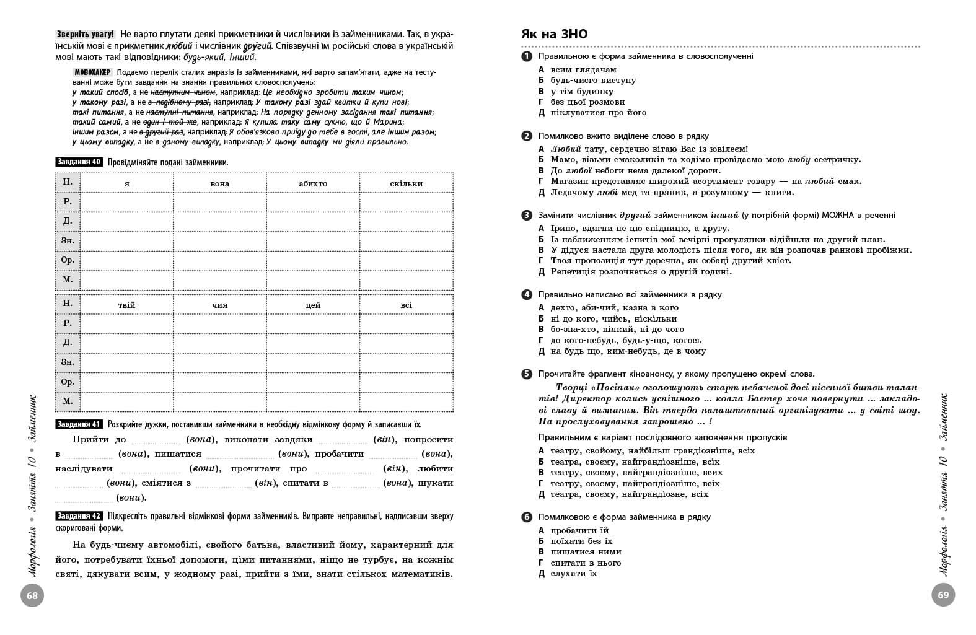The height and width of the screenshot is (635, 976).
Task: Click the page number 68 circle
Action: pos(32,596)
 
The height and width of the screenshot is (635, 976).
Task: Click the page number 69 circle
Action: pos(943,596)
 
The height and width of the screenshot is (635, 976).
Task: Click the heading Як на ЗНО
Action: pos(554,34)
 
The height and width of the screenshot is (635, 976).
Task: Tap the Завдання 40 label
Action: pos(79,162)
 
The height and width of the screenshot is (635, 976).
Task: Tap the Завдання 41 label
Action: pos(79,424)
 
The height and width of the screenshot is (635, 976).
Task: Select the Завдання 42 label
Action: pos(79,516)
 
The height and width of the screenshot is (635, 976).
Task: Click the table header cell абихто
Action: pos(313,183)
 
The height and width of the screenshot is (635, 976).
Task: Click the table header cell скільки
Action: pos(406,183)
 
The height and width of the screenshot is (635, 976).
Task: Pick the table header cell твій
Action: pos(126,305)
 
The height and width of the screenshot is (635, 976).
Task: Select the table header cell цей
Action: pos(313,305)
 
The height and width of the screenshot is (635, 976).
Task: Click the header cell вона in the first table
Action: pos(219,183)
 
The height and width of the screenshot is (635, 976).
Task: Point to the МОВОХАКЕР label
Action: pos(92,72)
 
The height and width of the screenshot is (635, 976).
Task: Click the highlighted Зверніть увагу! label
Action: pos(86,34)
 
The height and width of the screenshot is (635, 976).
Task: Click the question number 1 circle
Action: pos(527,56)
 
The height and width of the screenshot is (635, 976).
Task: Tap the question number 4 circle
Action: pos(527,295)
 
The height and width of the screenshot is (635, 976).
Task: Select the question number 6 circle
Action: pos(527,517)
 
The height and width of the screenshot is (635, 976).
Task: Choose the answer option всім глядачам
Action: pos(583,70)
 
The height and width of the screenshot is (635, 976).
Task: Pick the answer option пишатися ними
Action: pos(586,552)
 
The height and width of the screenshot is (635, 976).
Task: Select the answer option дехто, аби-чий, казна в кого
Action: pos(614,308)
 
